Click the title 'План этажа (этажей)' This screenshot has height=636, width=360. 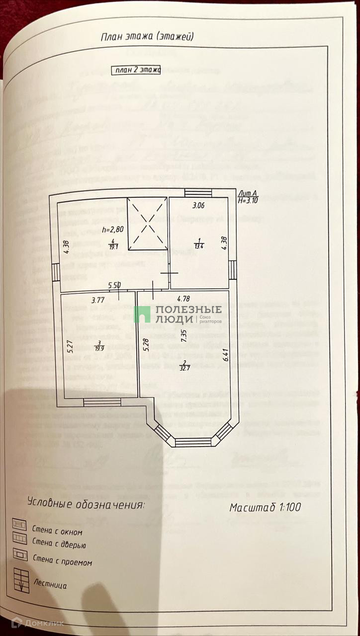click(147, 36)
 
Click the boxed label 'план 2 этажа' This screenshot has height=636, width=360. click(135, 71)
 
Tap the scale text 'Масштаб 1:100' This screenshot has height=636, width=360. click(266, 507)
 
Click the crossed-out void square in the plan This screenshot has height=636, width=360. click(147, 224)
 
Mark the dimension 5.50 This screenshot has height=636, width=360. click(115, 286)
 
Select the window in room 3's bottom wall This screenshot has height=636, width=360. click(102, 402)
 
